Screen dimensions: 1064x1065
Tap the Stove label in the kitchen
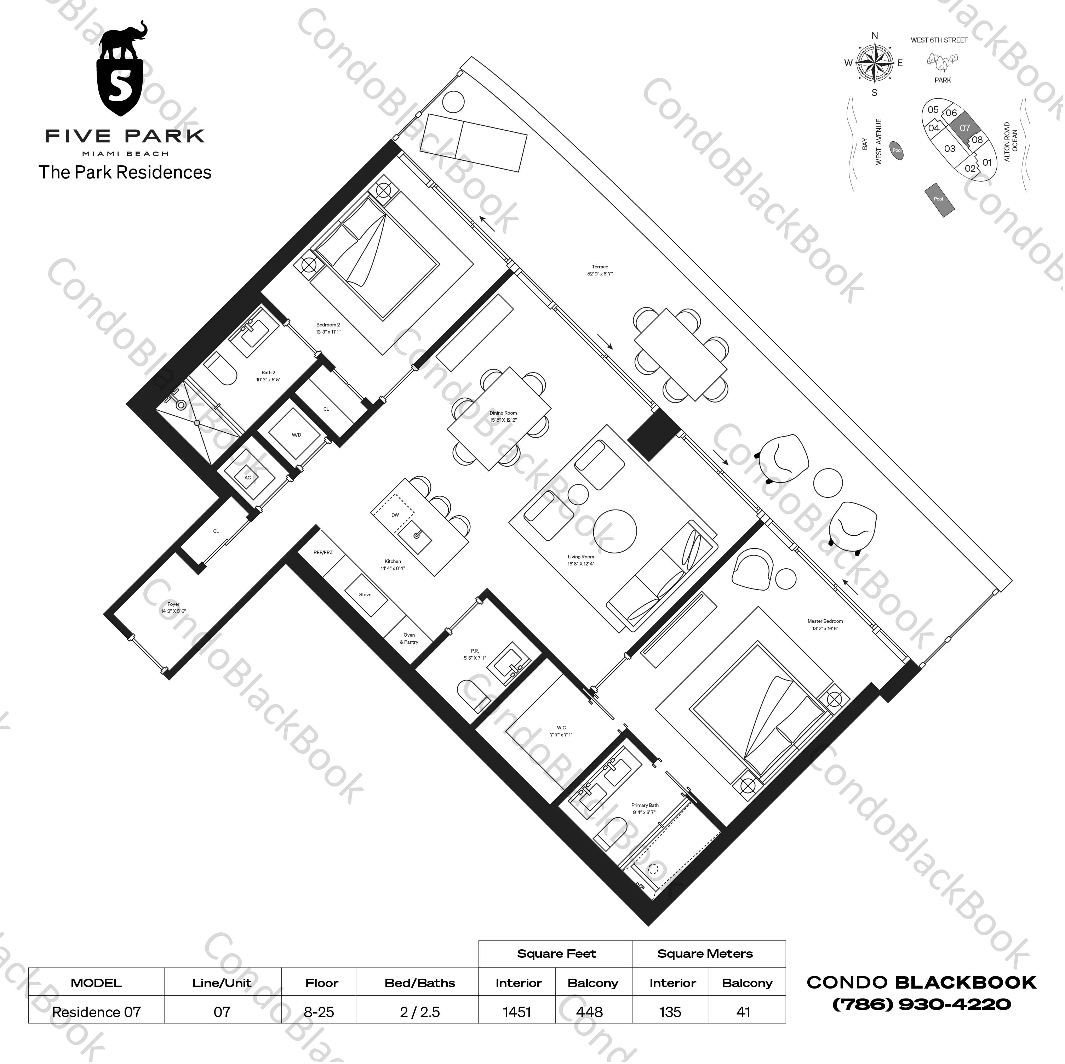[x=365, y=594]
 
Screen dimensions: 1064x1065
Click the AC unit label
[x=247, y=478]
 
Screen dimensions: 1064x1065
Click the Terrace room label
[x=600, y=267]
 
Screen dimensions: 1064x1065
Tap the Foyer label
[x=173, y=604]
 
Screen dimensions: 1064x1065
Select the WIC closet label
[x=561, y=728]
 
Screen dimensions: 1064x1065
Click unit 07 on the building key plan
[x=964, y=128]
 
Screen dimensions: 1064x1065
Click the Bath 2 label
[x=268, y=373]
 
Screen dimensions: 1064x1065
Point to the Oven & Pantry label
[x=409, y=638]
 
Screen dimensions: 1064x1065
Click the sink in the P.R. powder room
[x=511, y=667]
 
